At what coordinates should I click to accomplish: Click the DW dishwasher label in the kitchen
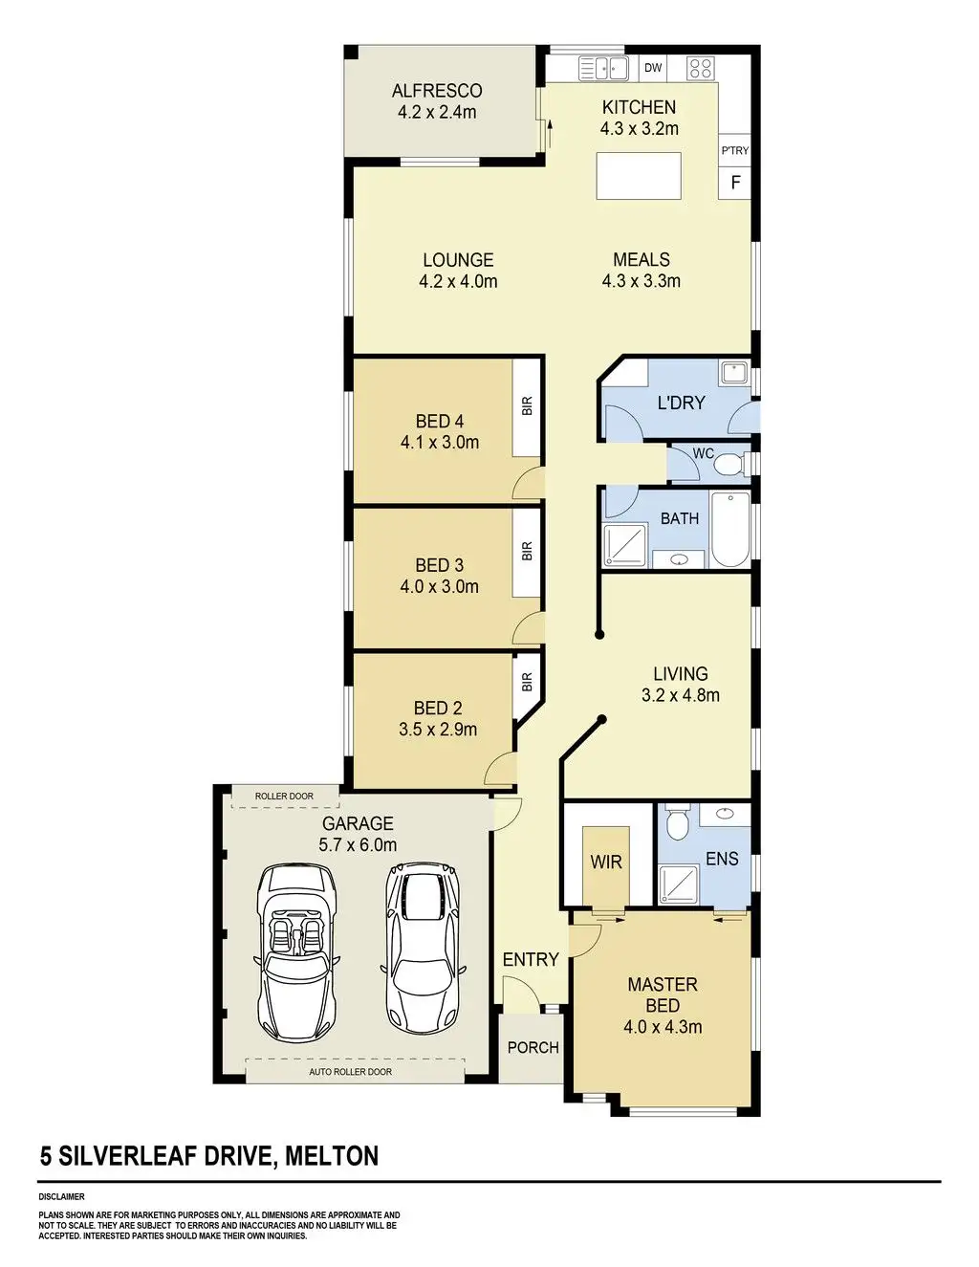[653, 68]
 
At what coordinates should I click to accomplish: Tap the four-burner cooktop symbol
[700, 68]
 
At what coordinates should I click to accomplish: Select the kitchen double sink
[602, 68]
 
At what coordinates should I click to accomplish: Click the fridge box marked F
[734, 183]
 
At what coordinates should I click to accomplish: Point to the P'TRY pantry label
[734, 150]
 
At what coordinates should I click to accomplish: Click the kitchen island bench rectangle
[639, 176]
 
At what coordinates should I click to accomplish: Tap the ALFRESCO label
[437, 91]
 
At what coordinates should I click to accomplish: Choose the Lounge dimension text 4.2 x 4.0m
[458, 282]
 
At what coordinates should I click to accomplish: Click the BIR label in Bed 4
[528, 405]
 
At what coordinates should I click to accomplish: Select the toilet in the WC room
[729, 465]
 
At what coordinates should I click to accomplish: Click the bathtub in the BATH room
[730, 529]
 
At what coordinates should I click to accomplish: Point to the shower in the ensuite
[678, 885]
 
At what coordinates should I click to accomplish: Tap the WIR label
[606, 862]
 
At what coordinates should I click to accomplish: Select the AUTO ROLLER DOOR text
[350, 1072]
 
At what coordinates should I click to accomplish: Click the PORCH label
[533, 1048]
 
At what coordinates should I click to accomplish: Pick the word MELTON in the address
[332, 1156]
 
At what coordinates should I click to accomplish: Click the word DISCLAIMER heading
[62, 1197]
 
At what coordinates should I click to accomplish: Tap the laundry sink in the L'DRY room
[734, 372]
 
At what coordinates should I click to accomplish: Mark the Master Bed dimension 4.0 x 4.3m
[663, 1027]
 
